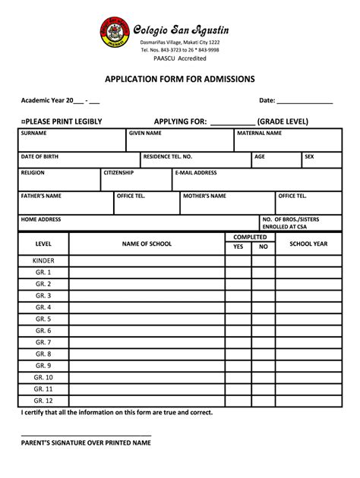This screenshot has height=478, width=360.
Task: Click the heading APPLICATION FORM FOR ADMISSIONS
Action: tap(180, 79)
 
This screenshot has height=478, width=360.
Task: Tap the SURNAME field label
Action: tap(34, 133)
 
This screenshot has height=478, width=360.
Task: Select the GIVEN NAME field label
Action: tap(145, 133)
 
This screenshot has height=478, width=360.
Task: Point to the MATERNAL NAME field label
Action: tap(259, 133)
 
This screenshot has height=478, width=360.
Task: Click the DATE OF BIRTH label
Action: tap(40, 156)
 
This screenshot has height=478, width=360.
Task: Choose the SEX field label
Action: tap(309, 156)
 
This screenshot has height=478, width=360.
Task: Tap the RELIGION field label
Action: tap(33, 173)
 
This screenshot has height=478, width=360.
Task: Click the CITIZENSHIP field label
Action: tap(118, 173)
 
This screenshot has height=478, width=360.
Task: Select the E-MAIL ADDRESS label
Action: tap(196, 173)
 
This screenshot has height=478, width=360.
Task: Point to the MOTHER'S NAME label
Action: tap(204, 196)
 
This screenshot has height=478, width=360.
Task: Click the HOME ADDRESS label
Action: tap(41, 219)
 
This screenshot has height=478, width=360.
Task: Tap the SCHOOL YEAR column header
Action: tap(308, 244)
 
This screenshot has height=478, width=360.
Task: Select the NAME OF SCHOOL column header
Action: tap(147, 244)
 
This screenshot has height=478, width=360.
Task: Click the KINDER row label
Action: tap(43, 260)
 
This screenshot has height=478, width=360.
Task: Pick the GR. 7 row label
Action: tap(43, 342)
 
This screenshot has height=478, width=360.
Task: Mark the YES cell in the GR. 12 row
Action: tap(238, 401)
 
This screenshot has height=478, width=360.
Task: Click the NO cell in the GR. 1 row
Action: tap(264, 272)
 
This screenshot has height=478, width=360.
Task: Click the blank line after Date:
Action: tap(305, 100)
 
